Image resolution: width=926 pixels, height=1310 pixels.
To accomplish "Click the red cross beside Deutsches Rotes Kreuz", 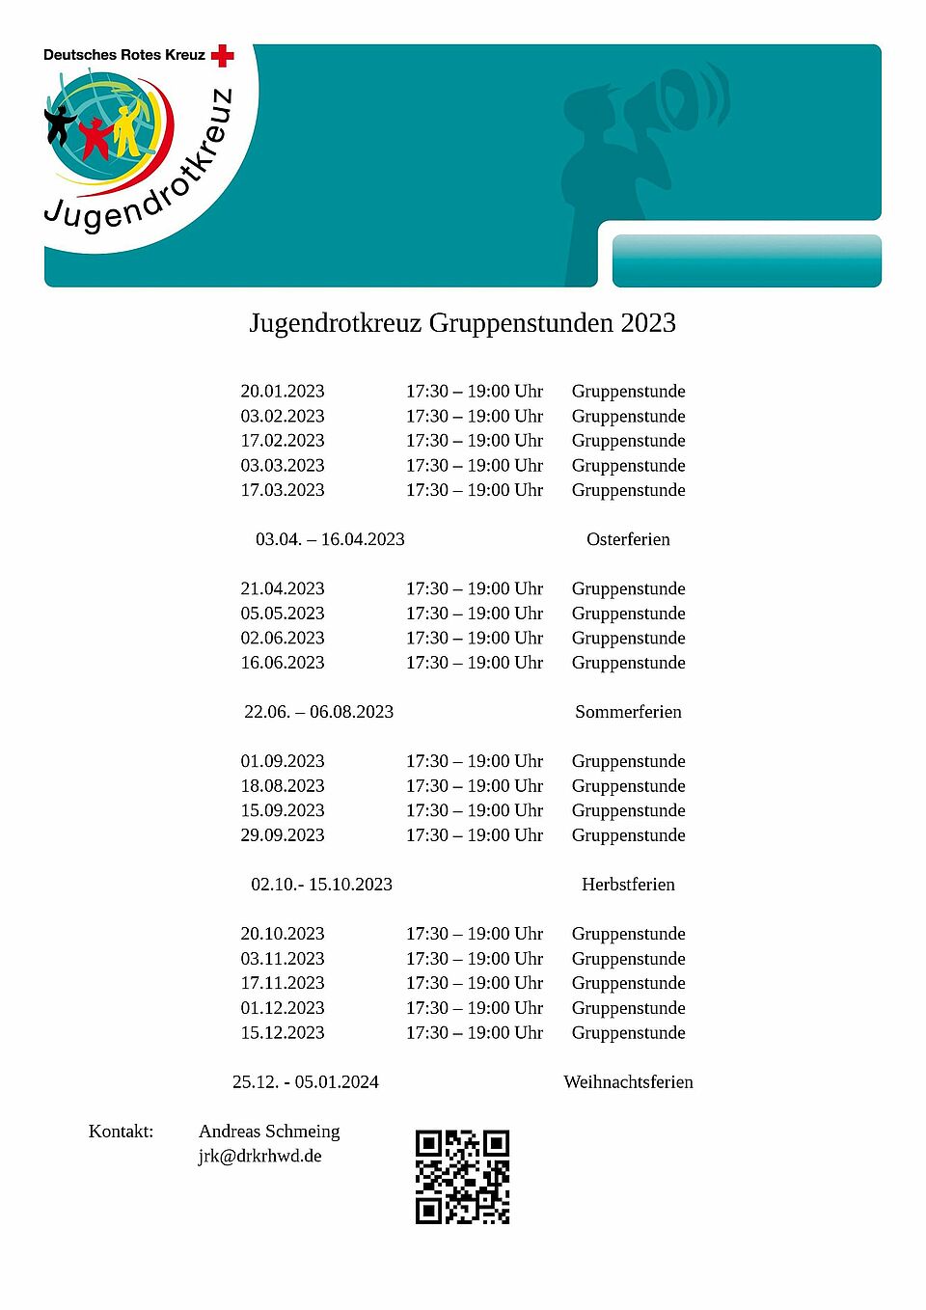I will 223,56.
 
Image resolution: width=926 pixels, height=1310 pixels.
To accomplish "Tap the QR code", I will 462,1177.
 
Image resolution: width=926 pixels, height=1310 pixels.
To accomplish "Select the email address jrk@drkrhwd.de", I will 259,1156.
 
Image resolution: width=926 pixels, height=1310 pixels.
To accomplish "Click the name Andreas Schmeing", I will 269,1131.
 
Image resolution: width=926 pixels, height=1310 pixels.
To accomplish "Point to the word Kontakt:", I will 121,1131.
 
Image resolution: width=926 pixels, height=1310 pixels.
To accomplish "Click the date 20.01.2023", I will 283,391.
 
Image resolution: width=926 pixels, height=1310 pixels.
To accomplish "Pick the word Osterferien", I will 628,539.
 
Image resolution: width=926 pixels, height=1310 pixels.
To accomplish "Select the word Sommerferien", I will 628,712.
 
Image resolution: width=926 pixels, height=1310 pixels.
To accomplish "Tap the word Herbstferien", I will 628,885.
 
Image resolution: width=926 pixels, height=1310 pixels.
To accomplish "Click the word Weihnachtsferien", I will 628,1082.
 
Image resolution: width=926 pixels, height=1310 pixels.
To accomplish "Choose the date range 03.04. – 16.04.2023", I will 330,539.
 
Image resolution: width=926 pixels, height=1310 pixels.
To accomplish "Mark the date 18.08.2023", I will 283,786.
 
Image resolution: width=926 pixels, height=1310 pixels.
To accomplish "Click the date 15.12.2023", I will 283,1033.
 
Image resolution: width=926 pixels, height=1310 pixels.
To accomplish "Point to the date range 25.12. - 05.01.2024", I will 306,1082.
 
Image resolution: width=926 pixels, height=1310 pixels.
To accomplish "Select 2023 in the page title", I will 648,322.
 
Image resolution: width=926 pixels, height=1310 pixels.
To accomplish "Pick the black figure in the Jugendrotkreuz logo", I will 61,124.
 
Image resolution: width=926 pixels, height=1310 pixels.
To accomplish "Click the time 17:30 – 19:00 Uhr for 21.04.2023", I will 475,588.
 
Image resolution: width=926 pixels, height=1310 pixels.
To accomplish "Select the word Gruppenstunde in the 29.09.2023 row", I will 628,835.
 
